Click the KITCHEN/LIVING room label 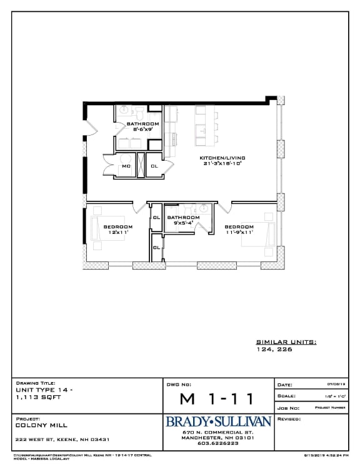pyautogui.click(x=222, y=158)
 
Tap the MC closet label pyautogui.click(x=126, y=166)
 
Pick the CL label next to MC pyautogui.click(x=154, y=166)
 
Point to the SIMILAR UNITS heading pyautogui.click(x=286, y=342)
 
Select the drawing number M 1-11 pyautogui.click(x=217, y=398)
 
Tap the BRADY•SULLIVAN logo pyautogui.click(x=218, y=422)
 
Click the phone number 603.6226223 pyautogui.click(x=218, y=443)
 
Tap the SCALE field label pyautogui.click(x=286, y=396)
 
